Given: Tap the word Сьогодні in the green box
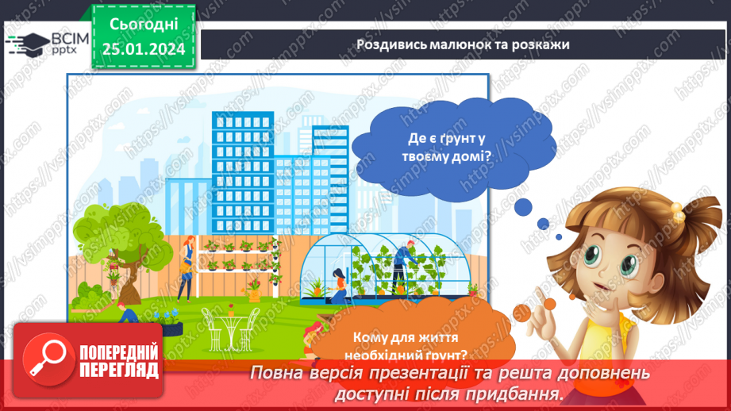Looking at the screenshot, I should point(143,25).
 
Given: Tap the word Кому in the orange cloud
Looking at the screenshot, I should point(359,336).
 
